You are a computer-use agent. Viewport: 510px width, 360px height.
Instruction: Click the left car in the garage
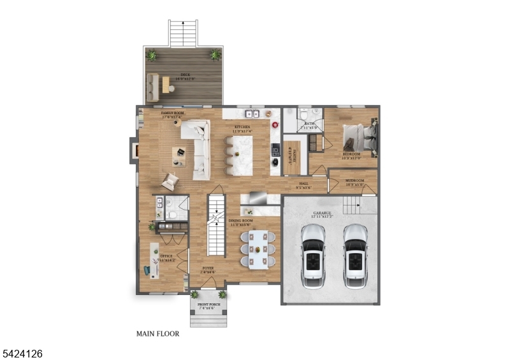(313, 254)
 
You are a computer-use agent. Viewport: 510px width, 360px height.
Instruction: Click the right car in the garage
(354, 254)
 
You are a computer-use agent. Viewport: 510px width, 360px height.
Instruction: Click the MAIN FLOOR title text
(157, 333)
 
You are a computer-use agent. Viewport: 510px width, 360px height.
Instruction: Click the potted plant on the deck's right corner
(215, 55)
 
